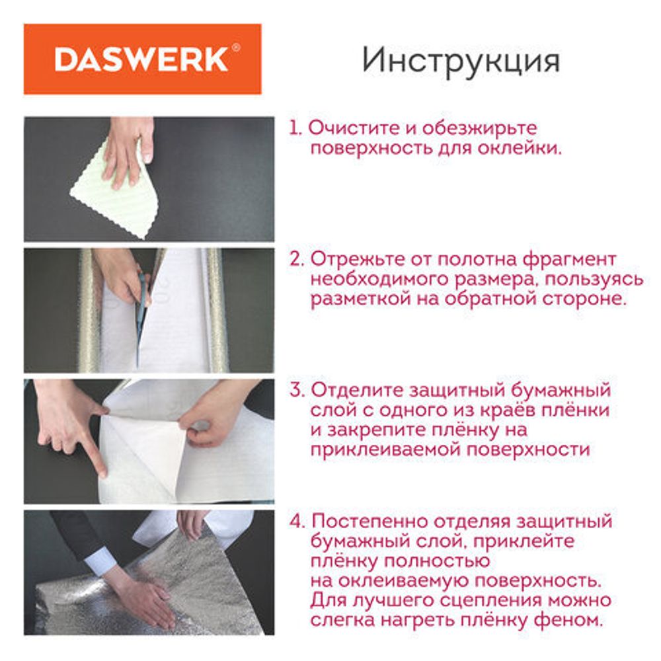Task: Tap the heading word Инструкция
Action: click(x=461, y=60)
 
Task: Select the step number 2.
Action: click(x=295, y=258)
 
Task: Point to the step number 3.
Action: click(x=295, y=390)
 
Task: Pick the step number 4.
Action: click(x=296, y=522)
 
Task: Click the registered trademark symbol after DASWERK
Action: click(x=236, y=49)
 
